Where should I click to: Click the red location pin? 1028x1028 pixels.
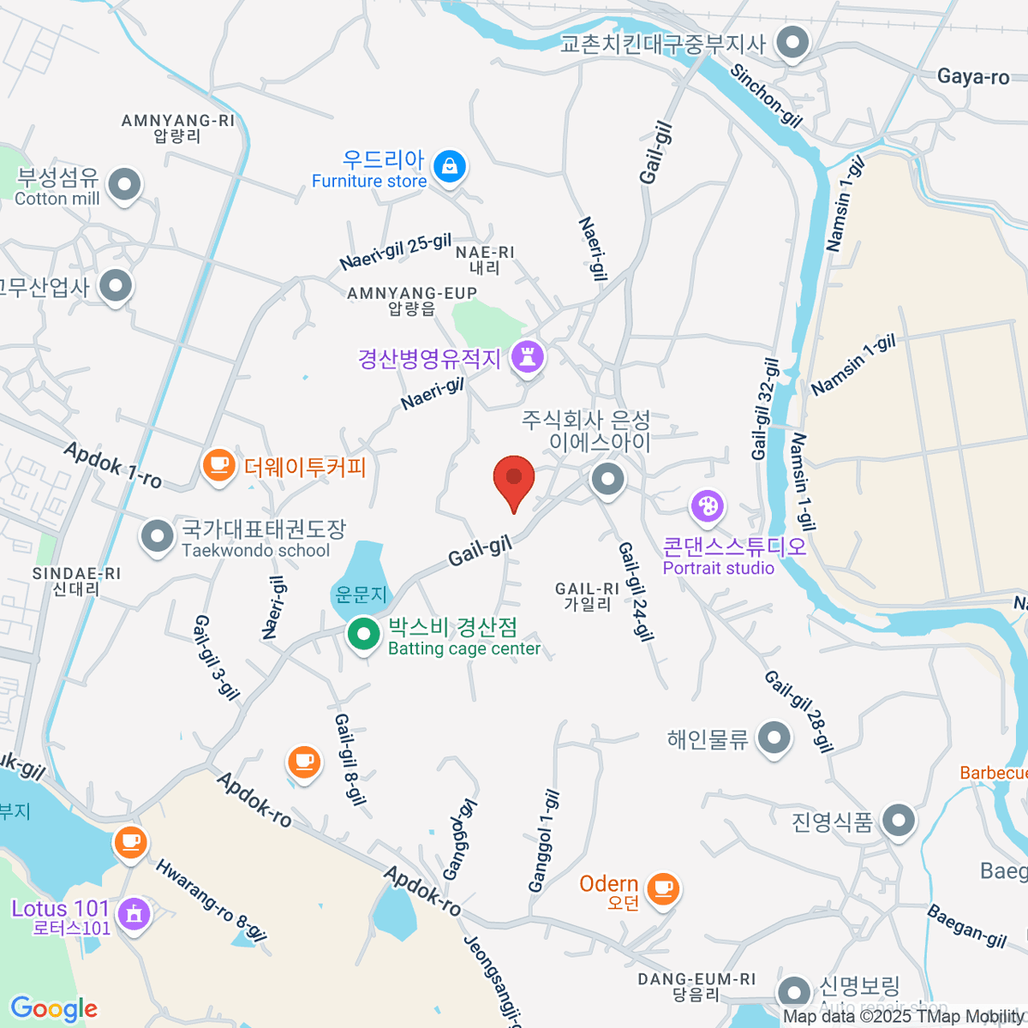point(514,479)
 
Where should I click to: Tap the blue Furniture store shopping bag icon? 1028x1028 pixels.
point(449,166)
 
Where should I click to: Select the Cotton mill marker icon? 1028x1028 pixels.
point(125,184)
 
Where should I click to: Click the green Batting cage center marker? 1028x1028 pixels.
point(364,635)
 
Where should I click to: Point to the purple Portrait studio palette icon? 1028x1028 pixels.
point(708,506)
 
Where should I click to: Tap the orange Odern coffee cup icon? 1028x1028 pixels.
point(662,888)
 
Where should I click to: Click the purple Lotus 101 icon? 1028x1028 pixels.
point(133,913)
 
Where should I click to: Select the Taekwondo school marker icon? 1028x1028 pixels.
point(157,537)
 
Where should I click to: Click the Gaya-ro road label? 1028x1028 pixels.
point(973,77)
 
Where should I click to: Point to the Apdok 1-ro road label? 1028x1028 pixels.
point(112,464)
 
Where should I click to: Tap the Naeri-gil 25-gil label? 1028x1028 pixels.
point(395,251)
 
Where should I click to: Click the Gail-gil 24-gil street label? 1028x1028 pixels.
point(636,591)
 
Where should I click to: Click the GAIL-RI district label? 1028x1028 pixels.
point(587,589)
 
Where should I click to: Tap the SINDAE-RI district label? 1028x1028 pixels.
point(76,574)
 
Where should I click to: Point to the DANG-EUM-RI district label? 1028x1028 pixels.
point(696,979)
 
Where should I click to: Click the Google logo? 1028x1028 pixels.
point(54,1008)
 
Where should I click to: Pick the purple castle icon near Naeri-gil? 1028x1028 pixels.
point(527,356)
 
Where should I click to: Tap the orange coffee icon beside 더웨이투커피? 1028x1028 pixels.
point(218,466)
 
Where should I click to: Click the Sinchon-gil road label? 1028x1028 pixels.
point(766,95)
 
